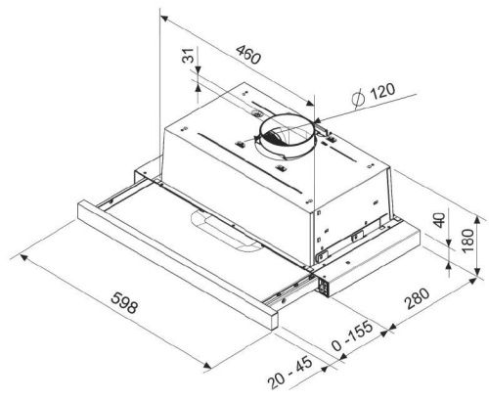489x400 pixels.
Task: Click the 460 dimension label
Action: click(248, 54)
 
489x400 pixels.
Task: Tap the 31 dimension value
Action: click(188, 56)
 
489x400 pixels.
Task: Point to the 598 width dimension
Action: click(124, 302)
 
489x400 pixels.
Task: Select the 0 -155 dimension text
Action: click(352, 335)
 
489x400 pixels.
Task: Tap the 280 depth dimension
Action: click(418, 297)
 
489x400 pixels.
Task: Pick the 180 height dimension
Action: click(467, 241)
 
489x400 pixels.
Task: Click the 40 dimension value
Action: click(439, 220)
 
